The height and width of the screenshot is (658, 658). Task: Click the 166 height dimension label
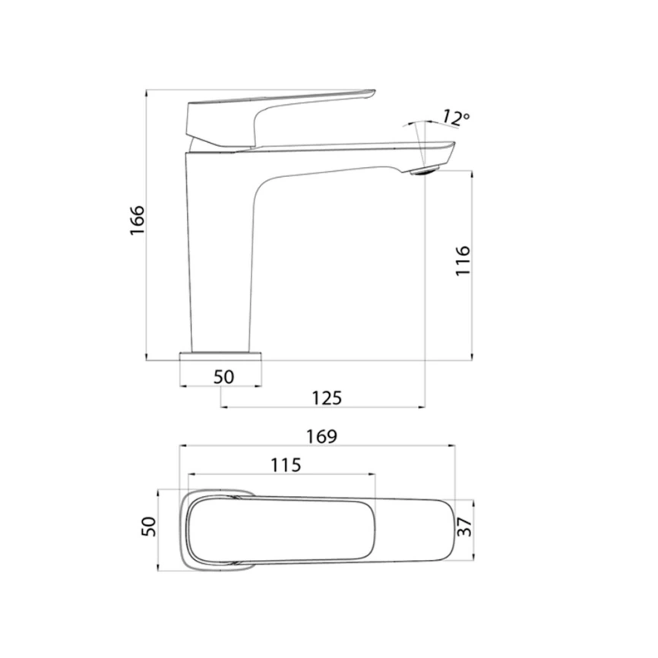pos(136,221)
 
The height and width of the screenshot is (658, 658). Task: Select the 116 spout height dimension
pos(463,261)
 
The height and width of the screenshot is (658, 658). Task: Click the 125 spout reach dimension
pos(327,397)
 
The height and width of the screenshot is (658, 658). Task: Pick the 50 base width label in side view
pos(223,375)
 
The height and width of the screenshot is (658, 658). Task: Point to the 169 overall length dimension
pos(322,437)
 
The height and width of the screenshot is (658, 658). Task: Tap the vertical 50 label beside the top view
pos(149,527)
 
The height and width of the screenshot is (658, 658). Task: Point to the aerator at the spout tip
pos(425,170)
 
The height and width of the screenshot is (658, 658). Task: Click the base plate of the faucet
pos(221,356)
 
